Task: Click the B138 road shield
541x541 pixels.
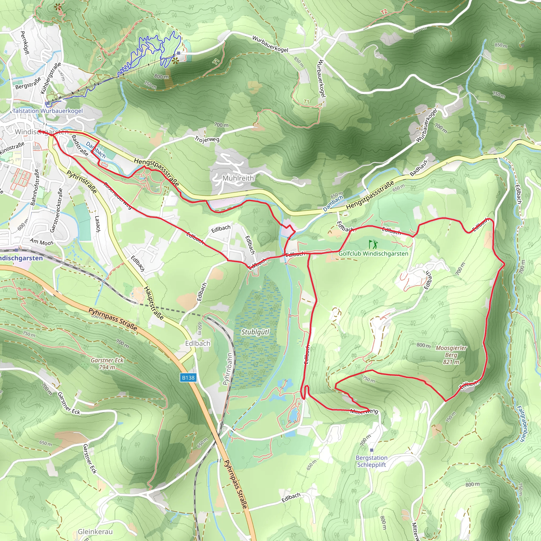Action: (188, 378)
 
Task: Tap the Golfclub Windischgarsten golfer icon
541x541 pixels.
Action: (373, 244)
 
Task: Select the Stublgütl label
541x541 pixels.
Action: (255, 332)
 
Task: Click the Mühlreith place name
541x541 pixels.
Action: (238, 178)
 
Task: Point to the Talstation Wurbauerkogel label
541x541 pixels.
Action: (48, 111)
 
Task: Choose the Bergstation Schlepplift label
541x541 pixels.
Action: (372, 461)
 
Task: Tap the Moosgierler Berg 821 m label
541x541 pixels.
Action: (451, 355)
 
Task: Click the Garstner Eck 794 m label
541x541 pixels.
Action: (107, 364)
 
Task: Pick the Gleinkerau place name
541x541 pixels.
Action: (95, 532)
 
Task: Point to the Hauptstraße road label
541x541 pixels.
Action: (153, 303)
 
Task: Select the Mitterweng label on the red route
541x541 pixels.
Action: (364, 411)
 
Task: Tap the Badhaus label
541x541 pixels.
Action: (419, 168)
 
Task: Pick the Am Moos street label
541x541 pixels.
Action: (41, 242)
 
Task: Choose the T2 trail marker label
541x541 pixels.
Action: (384, 12)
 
